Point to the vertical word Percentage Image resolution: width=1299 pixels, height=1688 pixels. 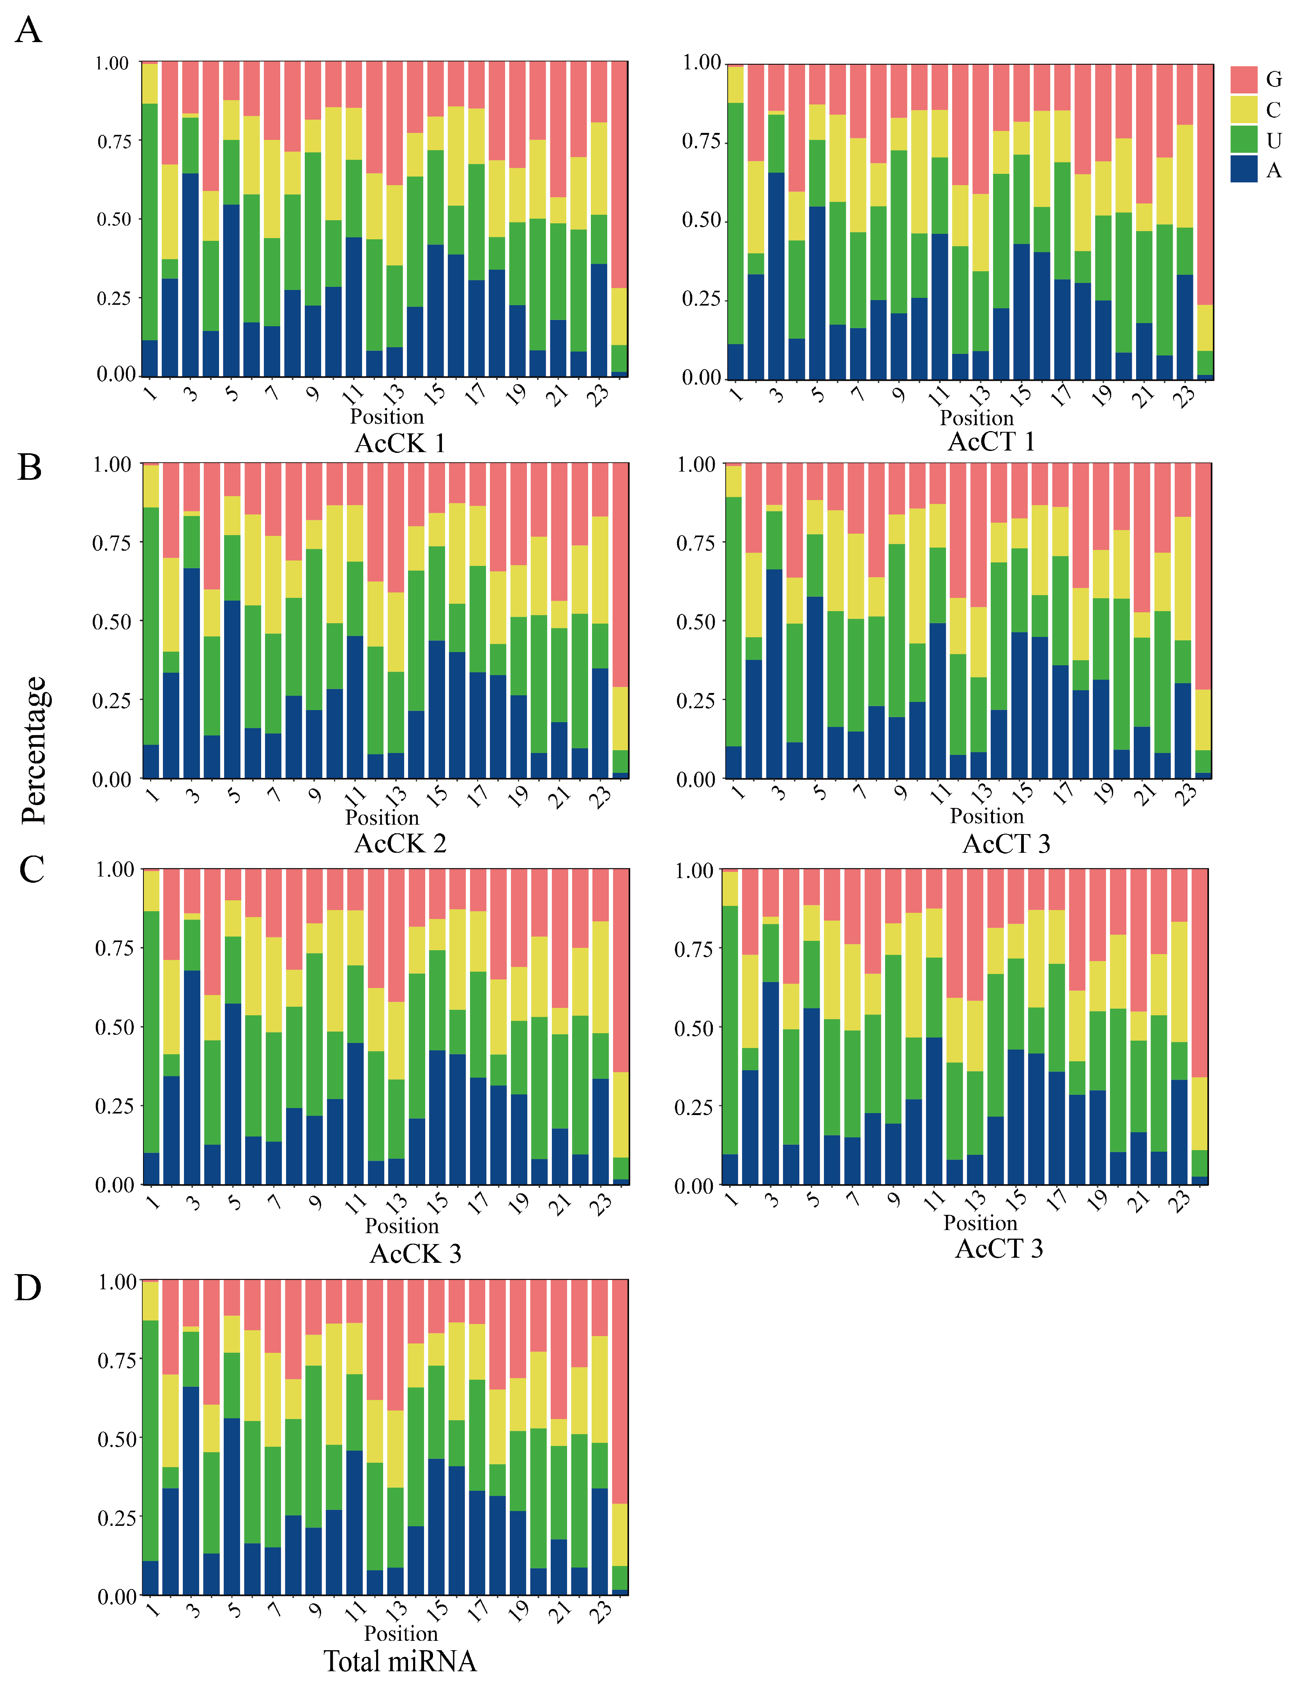tap(35, 750)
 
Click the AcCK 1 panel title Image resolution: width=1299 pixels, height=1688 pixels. tap(399, 444)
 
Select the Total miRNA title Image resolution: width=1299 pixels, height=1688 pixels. tap(399, 1661)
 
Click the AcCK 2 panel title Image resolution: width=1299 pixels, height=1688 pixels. tap(399, 843)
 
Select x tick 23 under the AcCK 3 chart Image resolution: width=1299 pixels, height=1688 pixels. tap(601, 1203)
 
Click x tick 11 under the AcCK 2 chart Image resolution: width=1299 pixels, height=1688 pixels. tap(355, 795)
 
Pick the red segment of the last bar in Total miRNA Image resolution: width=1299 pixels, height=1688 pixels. tap(620, 1391)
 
